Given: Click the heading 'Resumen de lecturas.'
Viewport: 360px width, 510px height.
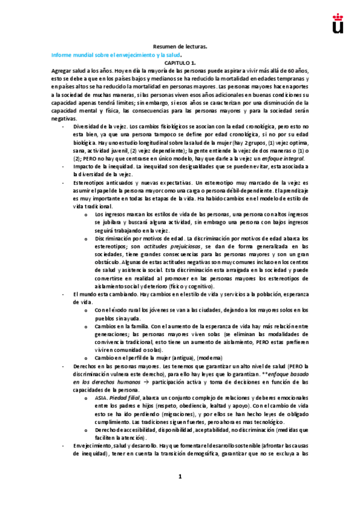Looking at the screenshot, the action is pyautogui.click(x=180, y=46).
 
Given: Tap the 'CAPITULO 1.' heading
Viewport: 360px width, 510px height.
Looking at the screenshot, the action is pyautogui.click(x=180, y=62).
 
